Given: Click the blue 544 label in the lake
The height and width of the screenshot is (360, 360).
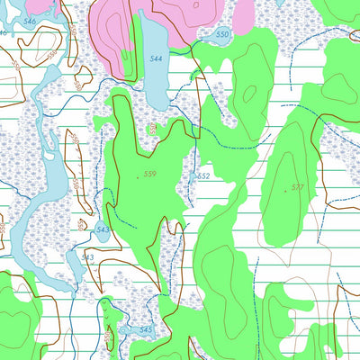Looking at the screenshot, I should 157,58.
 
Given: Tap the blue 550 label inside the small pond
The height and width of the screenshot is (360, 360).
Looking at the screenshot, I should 222,34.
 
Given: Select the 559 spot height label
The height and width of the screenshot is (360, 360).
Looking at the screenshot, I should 149,174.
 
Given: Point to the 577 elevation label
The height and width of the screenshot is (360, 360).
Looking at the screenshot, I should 297,188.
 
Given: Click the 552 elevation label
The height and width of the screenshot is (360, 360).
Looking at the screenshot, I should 202,176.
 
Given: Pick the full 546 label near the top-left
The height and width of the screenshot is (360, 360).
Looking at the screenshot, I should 31,20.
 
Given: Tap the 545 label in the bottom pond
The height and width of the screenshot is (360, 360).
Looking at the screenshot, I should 146,331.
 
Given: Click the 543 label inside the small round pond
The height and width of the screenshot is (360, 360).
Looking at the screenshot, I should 103,229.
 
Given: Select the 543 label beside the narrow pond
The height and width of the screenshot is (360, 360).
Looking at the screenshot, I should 87,257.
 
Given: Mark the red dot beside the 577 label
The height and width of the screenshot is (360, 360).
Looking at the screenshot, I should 285,190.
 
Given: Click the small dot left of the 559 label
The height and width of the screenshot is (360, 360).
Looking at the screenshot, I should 138,176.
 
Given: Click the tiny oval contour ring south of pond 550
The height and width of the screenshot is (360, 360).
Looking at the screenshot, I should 193,77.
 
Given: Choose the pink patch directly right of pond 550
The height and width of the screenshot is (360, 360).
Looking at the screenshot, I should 243,15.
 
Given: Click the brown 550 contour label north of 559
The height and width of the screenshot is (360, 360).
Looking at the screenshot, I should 153,129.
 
